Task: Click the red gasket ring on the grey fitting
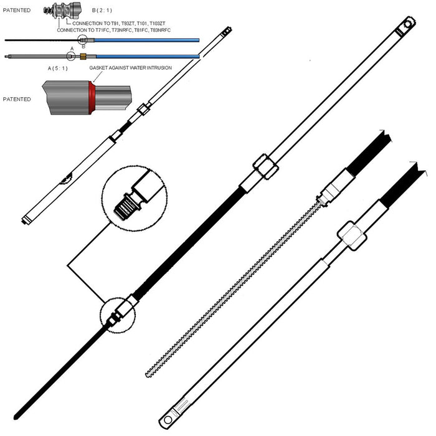(92, 97)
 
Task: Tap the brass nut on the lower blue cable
(83, 57)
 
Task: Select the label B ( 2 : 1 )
(102, 11)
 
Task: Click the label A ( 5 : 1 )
(57, 69)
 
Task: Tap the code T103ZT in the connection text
(158, 24)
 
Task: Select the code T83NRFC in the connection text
(161, 30)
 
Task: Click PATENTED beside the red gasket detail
(17, 99)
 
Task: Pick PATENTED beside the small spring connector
(17, 11)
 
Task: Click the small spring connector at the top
(62, 11)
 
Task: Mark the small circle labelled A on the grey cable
(71, 57)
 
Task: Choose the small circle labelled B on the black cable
(82, 40)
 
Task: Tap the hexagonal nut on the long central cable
(265, 166)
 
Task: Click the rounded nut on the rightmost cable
(352, 236)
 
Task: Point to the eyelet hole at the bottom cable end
(168, 420)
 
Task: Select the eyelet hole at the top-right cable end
(408, 24)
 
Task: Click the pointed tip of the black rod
(16, 418)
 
